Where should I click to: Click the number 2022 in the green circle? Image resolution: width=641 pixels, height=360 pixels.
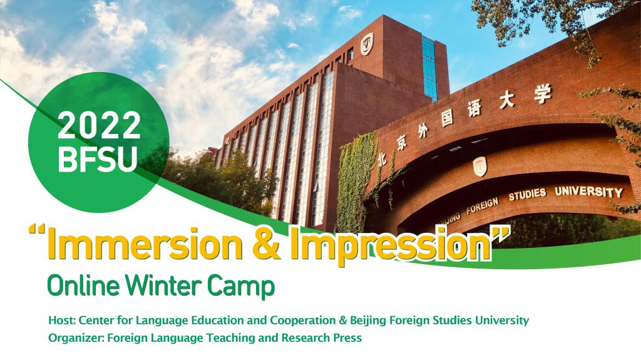coord(99,125)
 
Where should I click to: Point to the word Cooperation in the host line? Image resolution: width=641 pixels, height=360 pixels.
coord(303,321)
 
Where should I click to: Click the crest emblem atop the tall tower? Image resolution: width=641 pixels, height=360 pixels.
coord(367,43)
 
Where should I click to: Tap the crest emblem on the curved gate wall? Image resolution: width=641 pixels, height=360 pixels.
coord(479,167)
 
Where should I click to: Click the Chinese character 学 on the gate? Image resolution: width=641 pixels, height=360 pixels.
coord(542,95)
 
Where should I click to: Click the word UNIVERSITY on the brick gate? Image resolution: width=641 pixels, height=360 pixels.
coord(588,192)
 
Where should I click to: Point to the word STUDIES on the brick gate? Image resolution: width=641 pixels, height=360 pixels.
coord(527,194)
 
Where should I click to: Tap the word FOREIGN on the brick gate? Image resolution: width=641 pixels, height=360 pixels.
coord(483,206)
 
